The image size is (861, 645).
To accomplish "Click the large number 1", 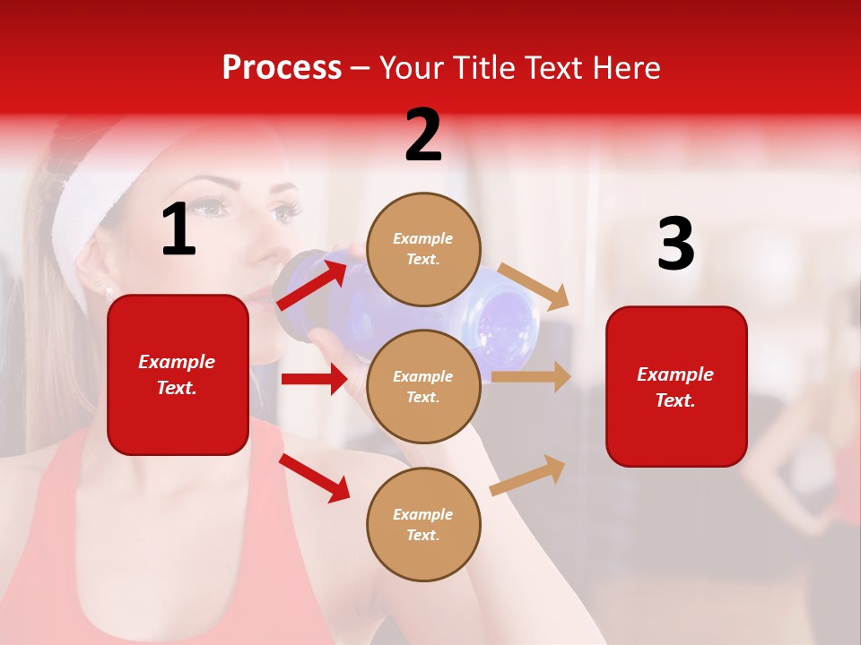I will click(x=178, y=230).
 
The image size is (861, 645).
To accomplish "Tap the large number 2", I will click(x=423, y=135).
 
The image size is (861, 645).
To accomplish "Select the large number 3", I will click(x=675, y=245).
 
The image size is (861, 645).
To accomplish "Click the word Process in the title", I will click(x=282, y=68).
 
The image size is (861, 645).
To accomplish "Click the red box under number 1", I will click(x=178, y=374).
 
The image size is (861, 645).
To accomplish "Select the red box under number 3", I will click(x=676, y=386).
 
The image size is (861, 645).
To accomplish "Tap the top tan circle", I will click(x=423, y=249).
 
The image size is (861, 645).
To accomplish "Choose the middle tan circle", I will click(x=423, y=386).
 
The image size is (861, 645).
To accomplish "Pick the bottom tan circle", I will click(x=423, y=524).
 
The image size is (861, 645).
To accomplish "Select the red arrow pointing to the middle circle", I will click(x=314, y=379).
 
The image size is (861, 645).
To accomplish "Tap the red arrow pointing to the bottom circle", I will click(x=315, y=477).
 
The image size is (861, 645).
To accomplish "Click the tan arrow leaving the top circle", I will click(x=534, y=286).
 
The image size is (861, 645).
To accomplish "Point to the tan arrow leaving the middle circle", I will click(x=531, y=376).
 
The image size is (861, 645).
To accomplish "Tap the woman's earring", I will click(x=109, y=292).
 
